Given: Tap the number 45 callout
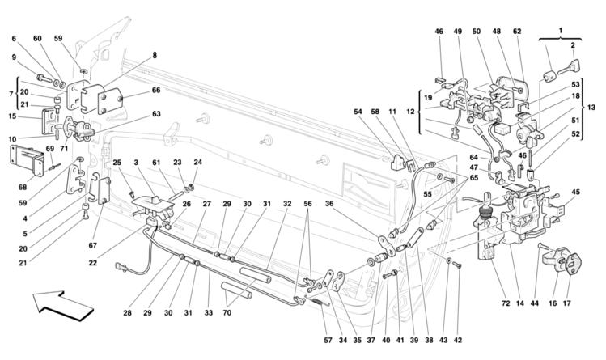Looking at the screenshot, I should click(575, 192).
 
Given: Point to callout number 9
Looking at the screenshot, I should click(14, 57).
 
